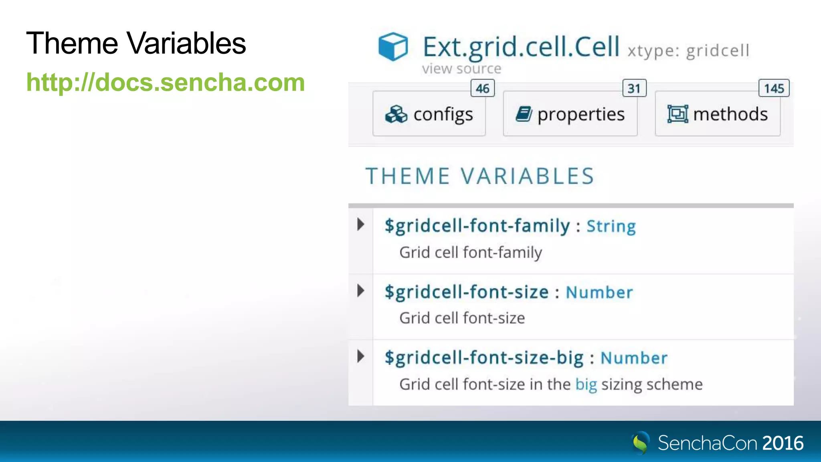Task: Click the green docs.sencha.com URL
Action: coord(166,83)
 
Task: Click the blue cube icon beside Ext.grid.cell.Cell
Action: coord(393,47)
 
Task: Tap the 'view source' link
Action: coord(461,69)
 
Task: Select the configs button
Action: coord(429,114)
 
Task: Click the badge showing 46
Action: coord(483,88)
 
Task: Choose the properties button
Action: coord(570,114)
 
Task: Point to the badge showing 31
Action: coord(634,88)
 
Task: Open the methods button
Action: coord(718,114)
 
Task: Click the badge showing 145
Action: coord(774,88)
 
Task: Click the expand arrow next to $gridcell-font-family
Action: coord(361,224)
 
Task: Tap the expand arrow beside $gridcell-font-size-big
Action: coord(361,356)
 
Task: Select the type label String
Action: coord(611,227)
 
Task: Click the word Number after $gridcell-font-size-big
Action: coord(634,358)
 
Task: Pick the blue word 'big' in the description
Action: coord(586,384)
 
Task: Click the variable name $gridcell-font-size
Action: coord(467,292)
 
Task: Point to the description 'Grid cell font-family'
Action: coord(471,253)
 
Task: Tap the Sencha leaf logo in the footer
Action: coord(640,443)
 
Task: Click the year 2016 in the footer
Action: coord(783,444)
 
